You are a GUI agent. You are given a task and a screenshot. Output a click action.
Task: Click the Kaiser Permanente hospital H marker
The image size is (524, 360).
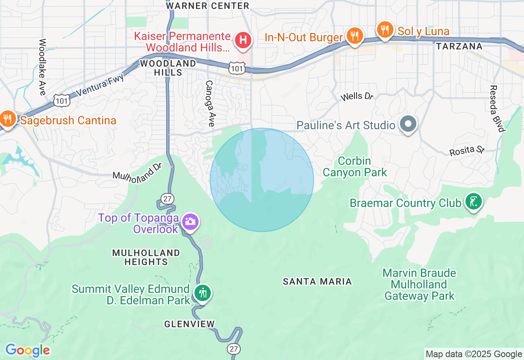pos(243,40)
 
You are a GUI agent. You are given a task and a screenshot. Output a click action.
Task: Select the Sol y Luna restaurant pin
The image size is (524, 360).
pos(385,30)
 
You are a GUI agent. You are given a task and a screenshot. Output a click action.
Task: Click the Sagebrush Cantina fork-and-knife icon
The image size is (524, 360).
pos(7,119)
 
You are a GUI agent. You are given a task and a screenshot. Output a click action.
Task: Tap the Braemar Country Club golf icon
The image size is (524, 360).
pos(474,202)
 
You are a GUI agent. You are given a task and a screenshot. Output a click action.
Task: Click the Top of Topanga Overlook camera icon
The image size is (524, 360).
pos(190,222)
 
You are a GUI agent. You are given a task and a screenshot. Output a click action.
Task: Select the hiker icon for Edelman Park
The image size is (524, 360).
pos(203,293)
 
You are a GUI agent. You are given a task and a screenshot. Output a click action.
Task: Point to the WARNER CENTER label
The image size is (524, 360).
pos(208,6)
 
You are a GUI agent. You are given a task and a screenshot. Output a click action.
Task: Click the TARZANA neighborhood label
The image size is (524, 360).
pos(459,46)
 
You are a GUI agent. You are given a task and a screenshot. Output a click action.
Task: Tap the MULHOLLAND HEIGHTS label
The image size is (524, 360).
pos(146,257)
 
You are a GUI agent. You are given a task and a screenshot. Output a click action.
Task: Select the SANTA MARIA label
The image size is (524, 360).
pos(318,281)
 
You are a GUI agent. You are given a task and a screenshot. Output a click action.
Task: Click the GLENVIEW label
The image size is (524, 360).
pos(190,324)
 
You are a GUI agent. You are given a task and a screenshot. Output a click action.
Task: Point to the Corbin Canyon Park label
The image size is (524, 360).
pos(355,166)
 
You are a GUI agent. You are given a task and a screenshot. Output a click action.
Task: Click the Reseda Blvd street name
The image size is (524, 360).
pos(497,108)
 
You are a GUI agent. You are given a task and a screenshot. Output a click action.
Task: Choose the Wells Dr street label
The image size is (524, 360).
pos(357,97)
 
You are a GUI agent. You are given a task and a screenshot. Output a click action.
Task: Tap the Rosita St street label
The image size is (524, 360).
pos(467,151)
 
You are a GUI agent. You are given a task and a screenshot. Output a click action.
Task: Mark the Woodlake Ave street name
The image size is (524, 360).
pos(42,67)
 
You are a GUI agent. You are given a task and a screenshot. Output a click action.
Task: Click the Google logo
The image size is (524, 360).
pos(27,350)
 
